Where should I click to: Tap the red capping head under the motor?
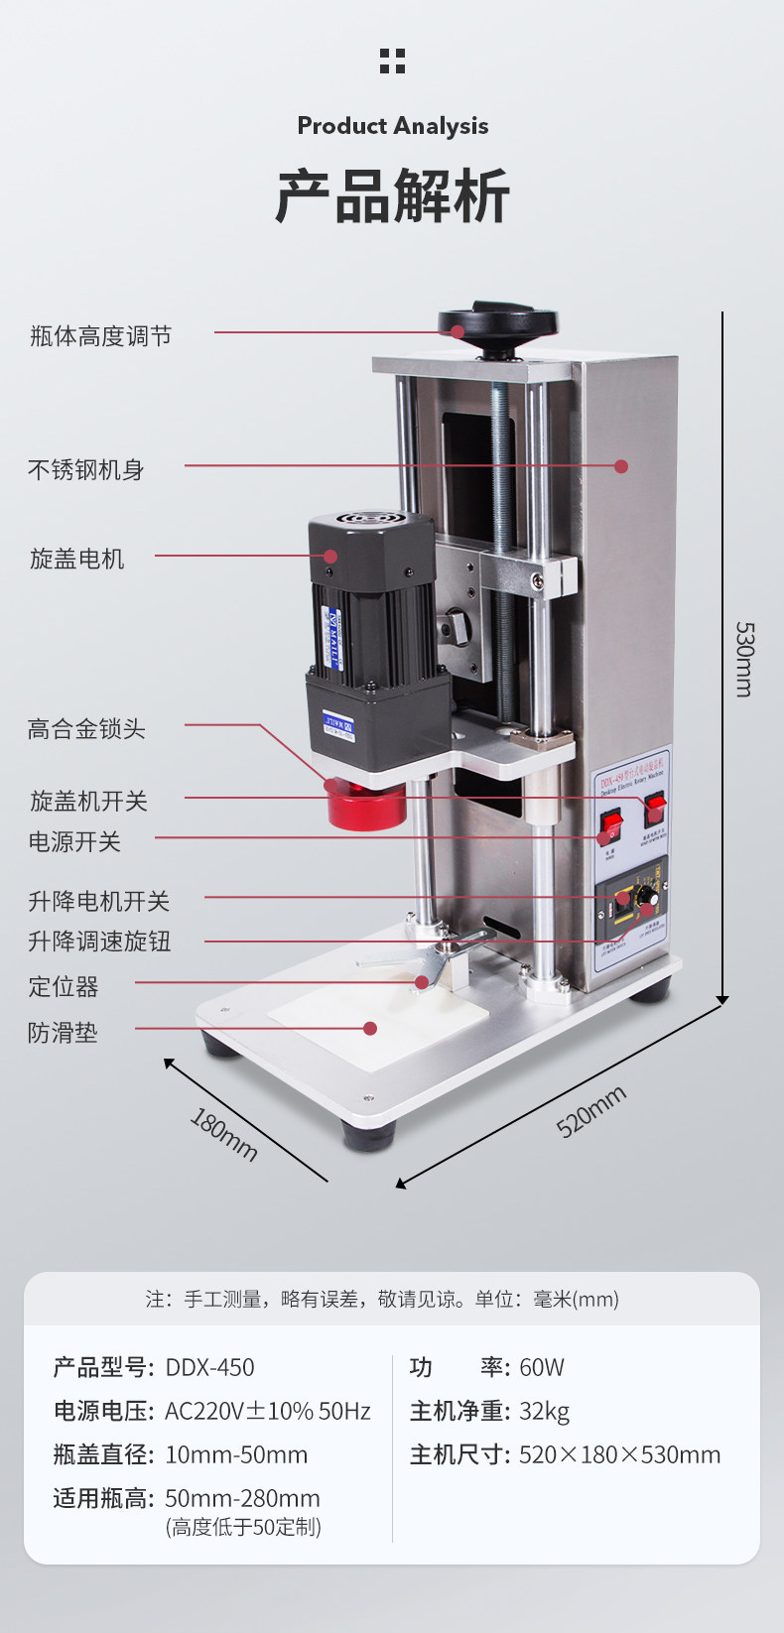click(x=366, y=804)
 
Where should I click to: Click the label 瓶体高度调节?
click(x=100, y=336)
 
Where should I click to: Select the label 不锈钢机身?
click(x=86, y=469)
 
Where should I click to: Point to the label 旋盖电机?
click(x=77, y=559)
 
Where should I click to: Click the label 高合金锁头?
click(x=86, y=729)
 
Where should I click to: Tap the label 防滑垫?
click(x=63, y=1033)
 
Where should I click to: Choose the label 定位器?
click(x=64, y=986)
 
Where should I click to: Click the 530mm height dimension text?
click(x=744, y=659)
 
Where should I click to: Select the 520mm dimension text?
click(x=591, y=1110)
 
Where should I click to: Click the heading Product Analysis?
click(x=393, y=126)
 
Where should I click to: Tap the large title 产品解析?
click(x=392, y=195)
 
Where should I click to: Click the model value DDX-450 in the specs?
click(x=209, y=1367)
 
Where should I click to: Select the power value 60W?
click(x=542, y=1367)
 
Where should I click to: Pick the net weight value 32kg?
click(x=544, y=1411)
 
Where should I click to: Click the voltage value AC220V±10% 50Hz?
click(x=267, y=1411)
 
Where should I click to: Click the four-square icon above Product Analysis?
click(x=392, y=61)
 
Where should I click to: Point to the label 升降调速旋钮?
click(x=99, y=941)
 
